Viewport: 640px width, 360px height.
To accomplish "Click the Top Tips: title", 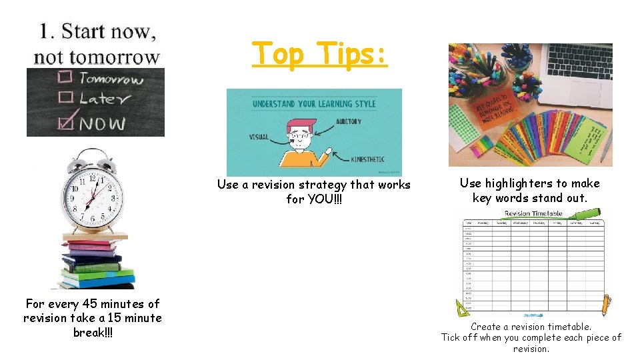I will (319, 53).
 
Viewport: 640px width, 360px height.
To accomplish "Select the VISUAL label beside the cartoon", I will (259, 137).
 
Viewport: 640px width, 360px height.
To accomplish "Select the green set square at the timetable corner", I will (463, 308).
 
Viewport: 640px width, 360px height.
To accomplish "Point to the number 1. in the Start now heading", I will (47, 31).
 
